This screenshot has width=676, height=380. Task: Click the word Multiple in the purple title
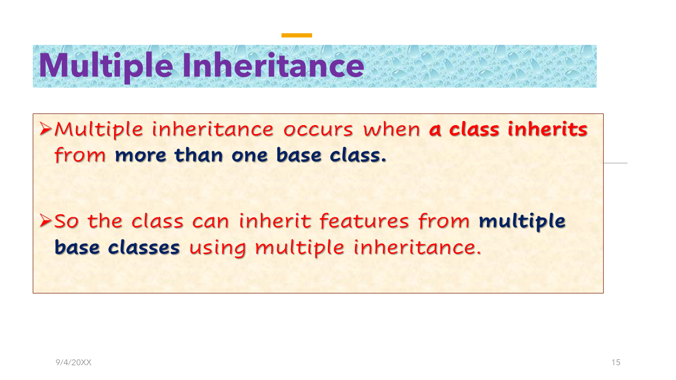coord(106,66)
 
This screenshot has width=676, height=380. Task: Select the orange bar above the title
coord(297,35)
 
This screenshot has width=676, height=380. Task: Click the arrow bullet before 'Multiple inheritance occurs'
coord(45,129)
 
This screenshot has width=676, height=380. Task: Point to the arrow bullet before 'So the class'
coord(45,221)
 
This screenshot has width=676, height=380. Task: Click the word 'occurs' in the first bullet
coord(318,130)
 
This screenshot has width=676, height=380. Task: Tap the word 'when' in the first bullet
coord(392,129)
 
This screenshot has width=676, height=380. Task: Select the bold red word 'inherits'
coord(548,129)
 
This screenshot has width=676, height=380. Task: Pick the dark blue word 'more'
coord(140,156)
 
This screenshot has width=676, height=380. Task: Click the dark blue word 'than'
coord(199,155)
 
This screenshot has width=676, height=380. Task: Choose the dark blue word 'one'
coord(250,156)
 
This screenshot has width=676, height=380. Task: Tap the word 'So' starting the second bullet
coord(67,221)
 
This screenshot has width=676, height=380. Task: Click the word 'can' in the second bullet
coord(211,222)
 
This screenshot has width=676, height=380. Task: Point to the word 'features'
coord(364,221)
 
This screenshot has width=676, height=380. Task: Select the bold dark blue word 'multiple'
coord(522,222)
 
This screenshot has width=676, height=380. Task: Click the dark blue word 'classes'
coord(144,248)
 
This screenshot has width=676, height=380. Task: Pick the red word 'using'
coord(218,249)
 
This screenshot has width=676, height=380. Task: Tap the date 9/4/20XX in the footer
coord(73,363)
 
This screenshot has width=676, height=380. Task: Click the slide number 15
coord(616,363)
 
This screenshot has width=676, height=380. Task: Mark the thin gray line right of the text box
coord(615,163)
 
